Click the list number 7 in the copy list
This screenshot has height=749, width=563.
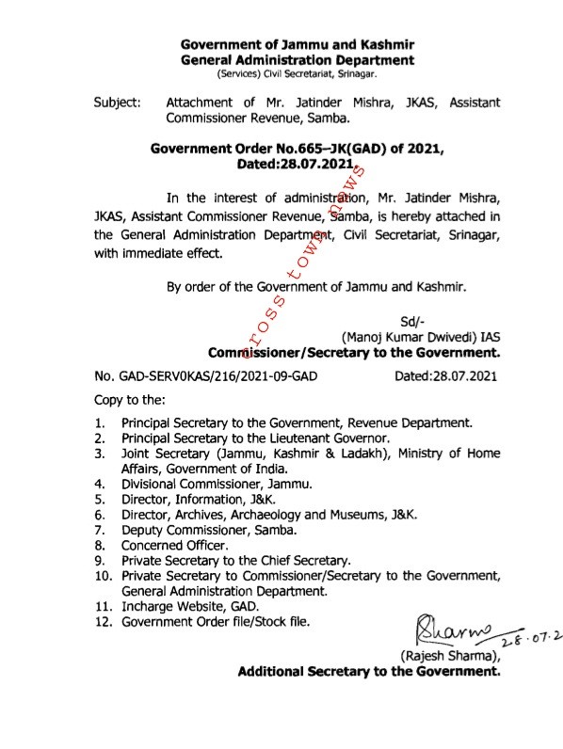pyautogui.click(x=99, y=530)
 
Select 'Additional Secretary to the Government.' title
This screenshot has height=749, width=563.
pyautogui.click(x=368, y=673)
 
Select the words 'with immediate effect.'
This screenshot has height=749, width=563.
pyautogui.click(x=159, y=253)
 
